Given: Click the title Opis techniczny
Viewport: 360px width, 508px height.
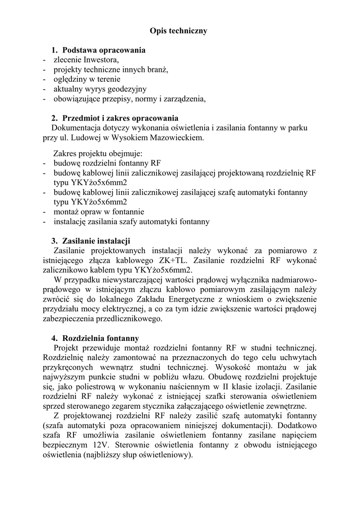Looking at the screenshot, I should point(178,31).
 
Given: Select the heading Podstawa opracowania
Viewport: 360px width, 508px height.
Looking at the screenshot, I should point(104,50).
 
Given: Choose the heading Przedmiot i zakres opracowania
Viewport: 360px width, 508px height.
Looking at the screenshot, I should point(120,118).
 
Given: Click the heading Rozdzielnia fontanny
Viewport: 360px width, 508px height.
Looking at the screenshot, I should point(100,338).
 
